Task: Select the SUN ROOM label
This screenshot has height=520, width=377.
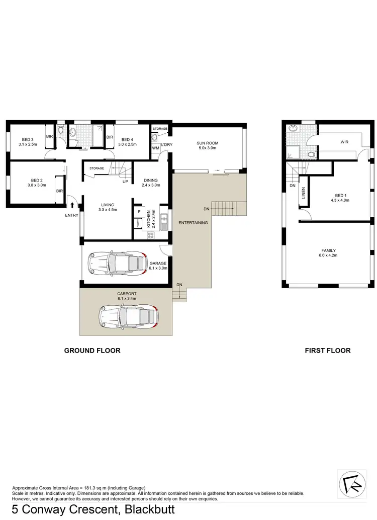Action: (207, 143)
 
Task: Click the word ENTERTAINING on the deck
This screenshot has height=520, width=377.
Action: (194, 222)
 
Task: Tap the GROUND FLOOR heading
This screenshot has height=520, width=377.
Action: (92, 351)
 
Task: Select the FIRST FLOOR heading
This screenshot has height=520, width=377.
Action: (327, 351)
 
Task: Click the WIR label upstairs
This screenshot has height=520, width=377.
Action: (344, 142)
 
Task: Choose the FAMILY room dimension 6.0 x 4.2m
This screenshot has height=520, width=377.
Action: (329, 255)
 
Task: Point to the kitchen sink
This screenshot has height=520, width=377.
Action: (163, 219)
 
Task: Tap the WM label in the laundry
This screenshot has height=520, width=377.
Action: (156, 148)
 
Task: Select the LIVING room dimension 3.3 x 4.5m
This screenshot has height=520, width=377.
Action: (108, 210)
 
